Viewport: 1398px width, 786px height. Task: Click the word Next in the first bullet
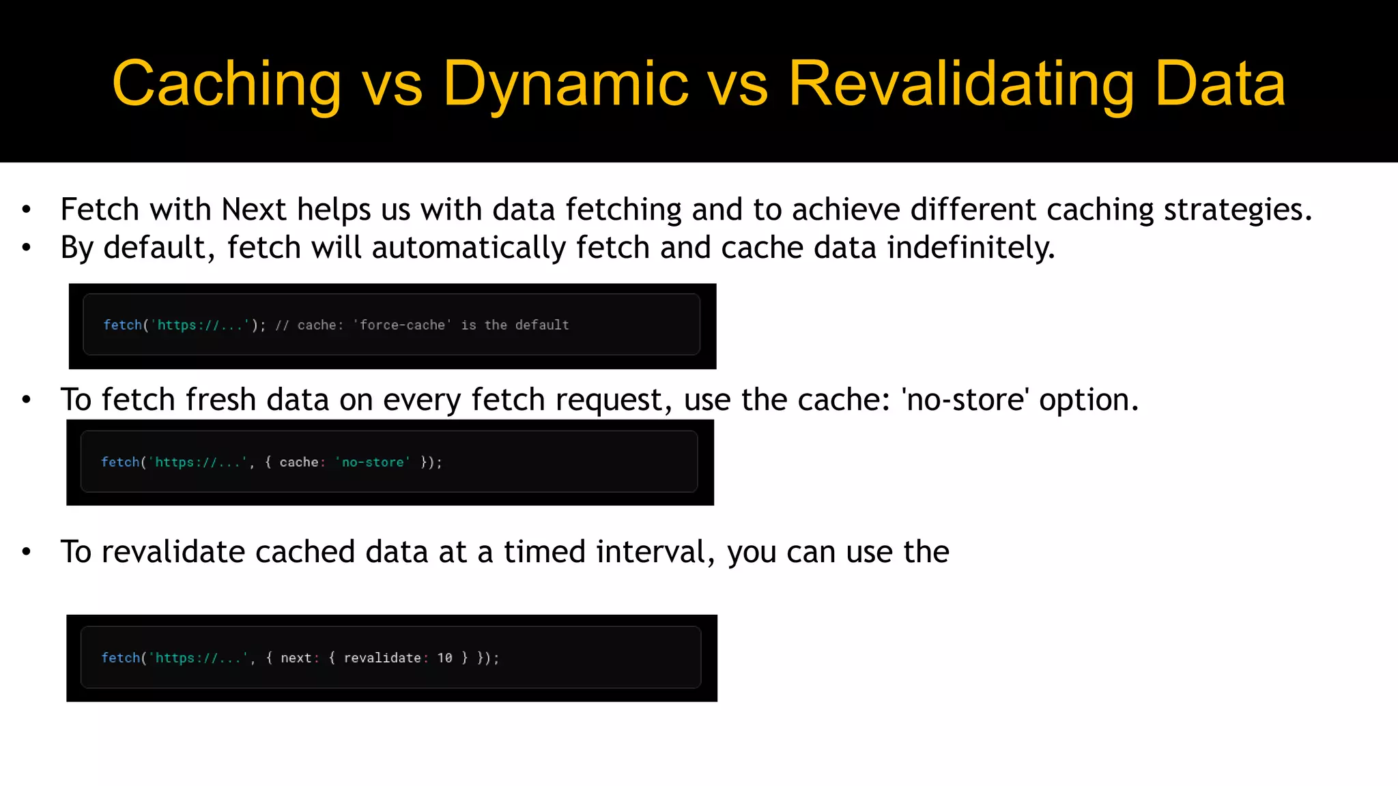tap(254, 209)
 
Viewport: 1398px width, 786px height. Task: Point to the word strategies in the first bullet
tap(1237, 209)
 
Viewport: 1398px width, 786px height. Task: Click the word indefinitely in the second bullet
tap(971, 248)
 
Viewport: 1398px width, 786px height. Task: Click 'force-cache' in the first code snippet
tap(402, 325)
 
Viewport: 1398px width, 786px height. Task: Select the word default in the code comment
tap(541, 325)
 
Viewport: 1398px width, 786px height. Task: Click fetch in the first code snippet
tap(122, 325)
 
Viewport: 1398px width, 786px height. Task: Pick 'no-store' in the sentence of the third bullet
tap(965, 400)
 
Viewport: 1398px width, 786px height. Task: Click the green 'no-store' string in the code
tap(373, 463)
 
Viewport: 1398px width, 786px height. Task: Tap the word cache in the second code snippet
tap(298, 463)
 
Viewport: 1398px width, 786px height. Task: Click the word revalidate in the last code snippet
tap(382, 658)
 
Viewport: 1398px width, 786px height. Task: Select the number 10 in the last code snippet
tap(444, 658)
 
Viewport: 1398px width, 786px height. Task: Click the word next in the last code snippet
tap(296, 658)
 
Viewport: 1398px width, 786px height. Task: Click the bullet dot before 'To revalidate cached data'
tap(27, 552)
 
